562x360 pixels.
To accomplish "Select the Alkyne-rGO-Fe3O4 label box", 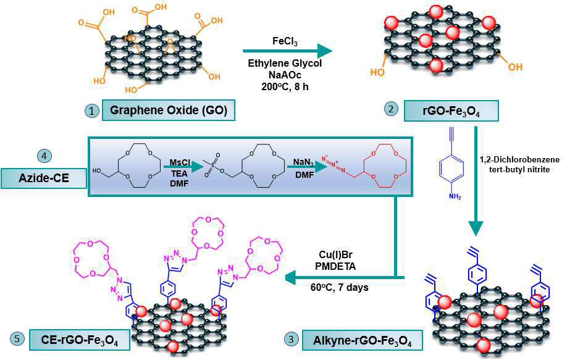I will pos(359,340).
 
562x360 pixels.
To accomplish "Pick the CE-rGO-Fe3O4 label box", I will pos(81,340).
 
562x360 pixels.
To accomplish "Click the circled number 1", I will pos(91,112).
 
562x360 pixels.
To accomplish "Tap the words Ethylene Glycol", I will pos(285,64).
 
